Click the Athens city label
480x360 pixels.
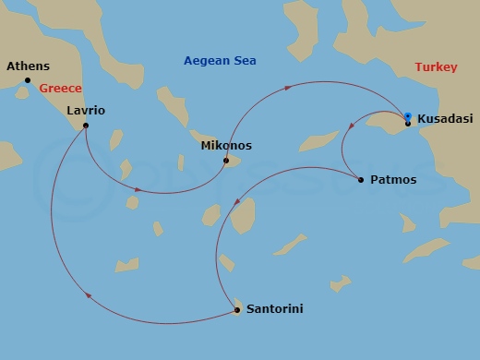28,66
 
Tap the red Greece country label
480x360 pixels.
61,89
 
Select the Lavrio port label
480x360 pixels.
86,111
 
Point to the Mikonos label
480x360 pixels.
225,146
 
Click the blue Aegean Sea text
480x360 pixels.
220,61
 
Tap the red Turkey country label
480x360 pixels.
436,67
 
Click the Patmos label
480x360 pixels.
393,180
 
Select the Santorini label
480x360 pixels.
274,309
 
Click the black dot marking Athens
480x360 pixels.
28,80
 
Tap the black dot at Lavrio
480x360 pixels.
85,126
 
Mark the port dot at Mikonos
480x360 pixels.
226,162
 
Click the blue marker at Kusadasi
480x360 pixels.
407,116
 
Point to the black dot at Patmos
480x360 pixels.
360,179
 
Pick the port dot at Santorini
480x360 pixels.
237,310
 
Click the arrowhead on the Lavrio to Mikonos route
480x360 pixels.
138,190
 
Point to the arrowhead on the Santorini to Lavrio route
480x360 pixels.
88,296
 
